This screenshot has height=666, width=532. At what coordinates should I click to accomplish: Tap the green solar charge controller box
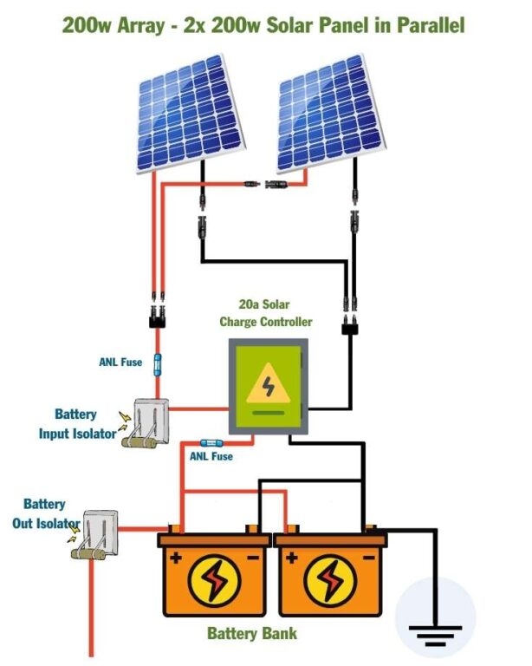point(268,386)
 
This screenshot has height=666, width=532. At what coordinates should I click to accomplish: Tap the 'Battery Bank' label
point(251,633)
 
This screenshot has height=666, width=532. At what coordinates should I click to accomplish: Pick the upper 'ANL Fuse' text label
point(120,362)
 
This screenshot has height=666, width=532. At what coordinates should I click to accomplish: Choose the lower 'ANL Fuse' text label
point(211,455)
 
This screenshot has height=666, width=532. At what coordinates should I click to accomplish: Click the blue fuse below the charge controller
point(211,441)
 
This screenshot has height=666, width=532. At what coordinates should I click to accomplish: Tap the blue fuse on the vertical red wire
point(157,364)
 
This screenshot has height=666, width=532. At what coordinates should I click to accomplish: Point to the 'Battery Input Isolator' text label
point(76,424)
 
